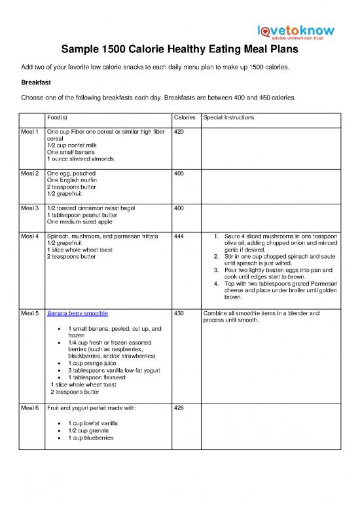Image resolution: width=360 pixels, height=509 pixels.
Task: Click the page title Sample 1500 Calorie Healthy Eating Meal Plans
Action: pyautogui.click(x=179, y=50)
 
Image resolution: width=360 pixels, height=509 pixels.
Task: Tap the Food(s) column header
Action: pyautogui.click(x=60, y=118)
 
